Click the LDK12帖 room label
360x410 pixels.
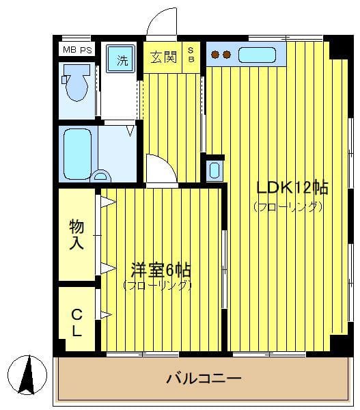pos(292,187)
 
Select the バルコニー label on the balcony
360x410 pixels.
pos(204,379)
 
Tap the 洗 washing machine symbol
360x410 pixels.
pos(122,59)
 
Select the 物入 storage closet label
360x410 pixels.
pos(77,234)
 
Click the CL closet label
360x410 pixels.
pos(77,324)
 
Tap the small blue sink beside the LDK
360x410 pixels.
pos(214,169)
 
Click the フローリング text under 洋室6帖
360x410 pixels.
pos(158,286)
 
